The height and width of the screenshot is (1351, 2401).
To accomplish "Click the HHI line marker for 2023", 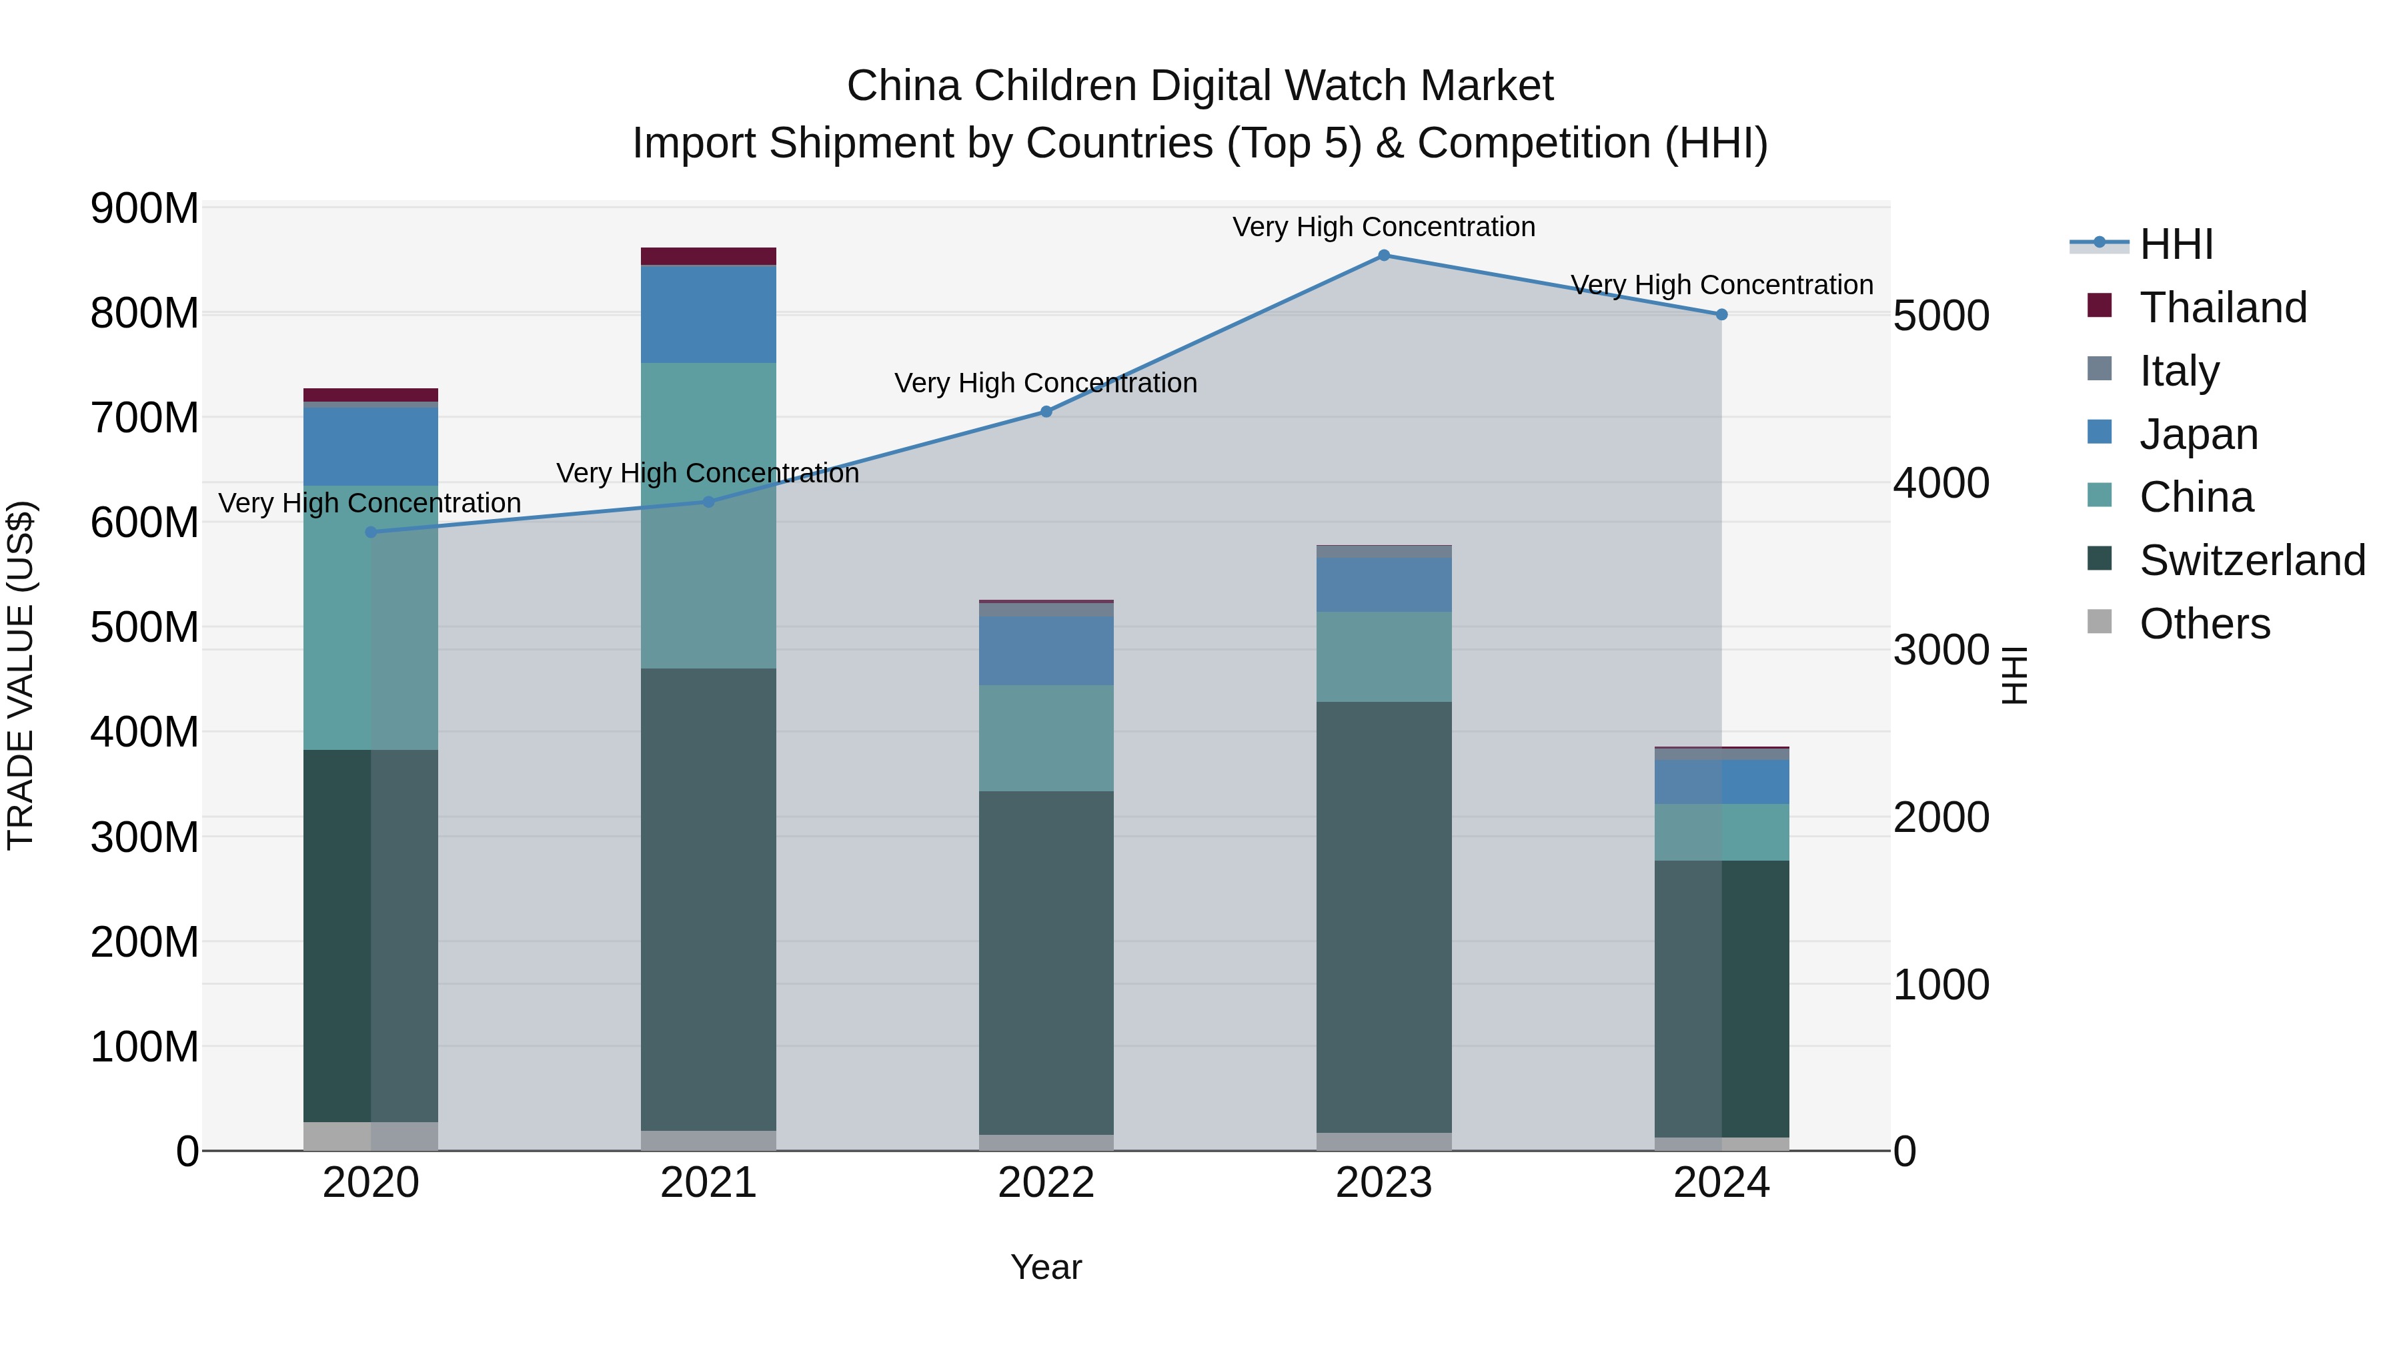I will (1383, 256).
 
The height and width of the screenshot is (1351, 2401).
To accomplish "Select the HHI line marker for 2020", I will (371, 532).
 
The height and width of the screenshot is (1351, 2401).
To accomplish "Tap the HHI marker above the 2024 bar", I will (1721, 315).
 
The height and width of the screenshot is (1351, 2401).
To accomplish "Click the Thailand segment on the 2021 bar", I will (708, 256).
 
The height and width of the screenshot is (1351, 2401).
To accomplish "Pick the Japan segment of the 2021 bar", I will (708, 314).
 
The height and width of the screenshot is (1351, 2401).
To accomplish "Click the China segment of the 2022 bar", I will (1046, 739).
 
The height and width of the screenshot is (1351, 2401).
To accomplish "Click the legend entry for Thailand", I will (2222, 308).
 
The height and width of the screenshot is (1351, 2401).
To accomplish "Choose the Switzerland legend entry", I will (2252, 560).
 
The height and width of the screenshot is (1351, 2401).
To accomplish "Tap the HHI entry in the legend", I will (2176, 244).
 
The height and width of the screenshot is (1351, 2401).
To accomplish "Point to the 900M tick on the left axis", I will (145, 208).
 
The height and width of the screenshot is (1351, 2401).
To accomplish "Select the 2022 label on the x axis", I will (1046, 1183).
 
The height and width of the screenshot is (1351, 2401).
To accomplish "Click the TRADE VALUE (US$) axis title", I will (21, 675).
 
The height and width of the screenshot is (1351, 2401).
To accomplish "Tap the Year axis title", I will (1046, 1267).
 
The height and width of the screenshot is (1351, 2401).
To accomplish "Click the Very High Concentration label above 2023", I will (1383, 227).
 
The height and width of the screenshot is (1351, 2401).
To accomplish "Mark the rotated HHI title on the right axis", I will (2015, 675).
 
